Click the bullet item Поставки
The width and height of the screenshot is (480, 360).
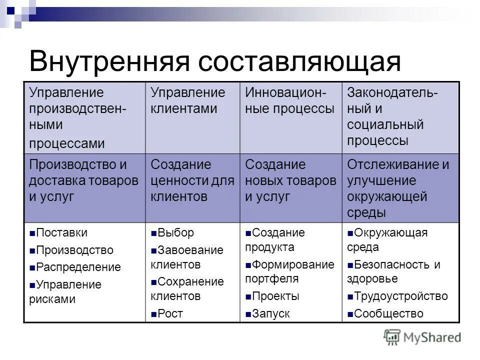[61, 233]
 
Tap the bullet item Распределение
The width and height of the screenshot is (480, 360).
[78, 267]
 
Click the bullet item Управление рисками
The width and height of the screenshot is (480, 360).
[65, 292]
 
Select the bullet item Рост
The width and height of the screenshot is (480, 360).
[170, 314]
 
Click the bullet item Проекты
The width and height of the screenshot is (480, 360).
[275, 296]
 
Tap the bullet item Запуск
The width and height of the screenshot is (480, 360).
[270, 314]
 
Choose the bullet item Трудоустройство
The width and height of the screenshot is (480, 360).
[400, 296]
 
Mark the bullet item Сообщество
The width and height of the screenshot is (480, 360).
[388, 314]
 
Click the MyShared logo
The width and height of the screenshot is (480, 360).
[422, 337]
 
